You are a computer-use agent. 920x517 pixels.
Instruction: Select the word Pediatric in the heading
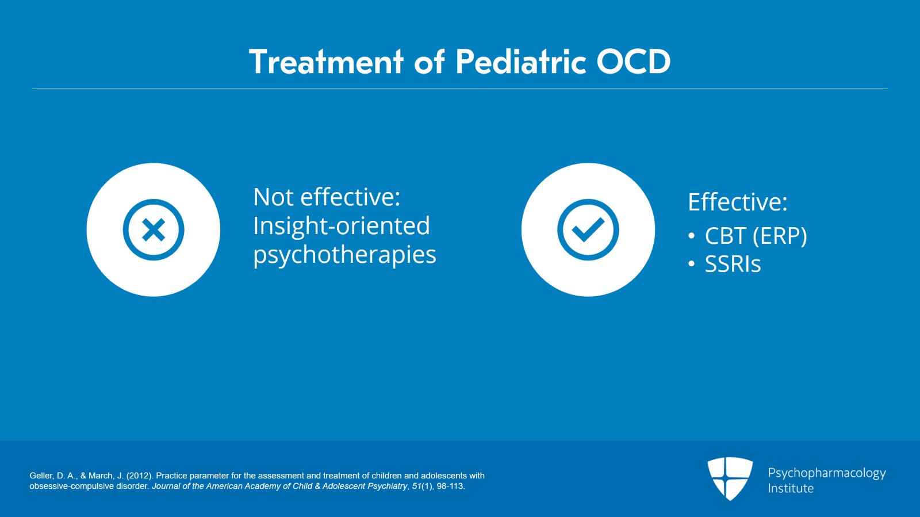click(x=521, y=62)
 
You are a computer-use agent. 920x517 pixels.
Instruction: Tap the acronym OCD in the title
click(x=633, y=62)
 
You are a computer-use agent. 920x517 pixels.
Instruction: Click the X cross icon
click(x=154, y=230)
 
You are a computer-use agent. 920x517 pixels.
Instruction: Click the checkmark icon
click(x=588, y=230)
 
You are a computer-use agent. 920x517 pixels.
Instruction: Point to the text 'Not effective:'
click(x=327, y=197)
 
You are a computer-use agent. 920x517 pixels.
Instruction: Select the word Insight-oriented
click(x=342, y=226)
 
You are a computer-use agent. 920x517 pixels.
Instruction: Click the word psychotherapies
click(x=344, y=255)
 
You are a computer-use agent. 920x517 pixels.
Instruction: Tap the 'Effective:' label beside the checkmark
click(x=737, y=202)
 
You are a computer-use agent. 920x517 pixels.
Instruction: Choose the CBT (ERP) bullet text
click(x=756, y=236)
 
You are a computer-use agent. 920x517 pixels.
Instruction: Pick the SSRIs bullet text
click(x=733, y=265)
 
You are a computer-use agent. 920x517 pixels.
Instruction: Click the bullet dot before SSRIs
click(x=691, y=265)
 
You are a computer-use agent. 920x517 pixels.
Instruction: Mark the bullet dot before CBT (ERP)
click(x=691, y=236)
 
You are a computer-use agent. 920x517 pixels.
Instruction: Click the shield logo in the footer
click(x=730, y=478)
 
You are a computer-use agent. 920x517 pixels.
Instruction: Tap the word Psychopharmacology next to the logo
click(x=826, y=473)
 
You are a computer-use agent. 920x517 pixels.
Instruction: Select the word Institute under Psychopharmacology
click(x=791, y=489)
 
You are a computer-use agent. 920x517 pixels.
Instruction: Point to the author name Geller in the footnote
click(x=41, y=476)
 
